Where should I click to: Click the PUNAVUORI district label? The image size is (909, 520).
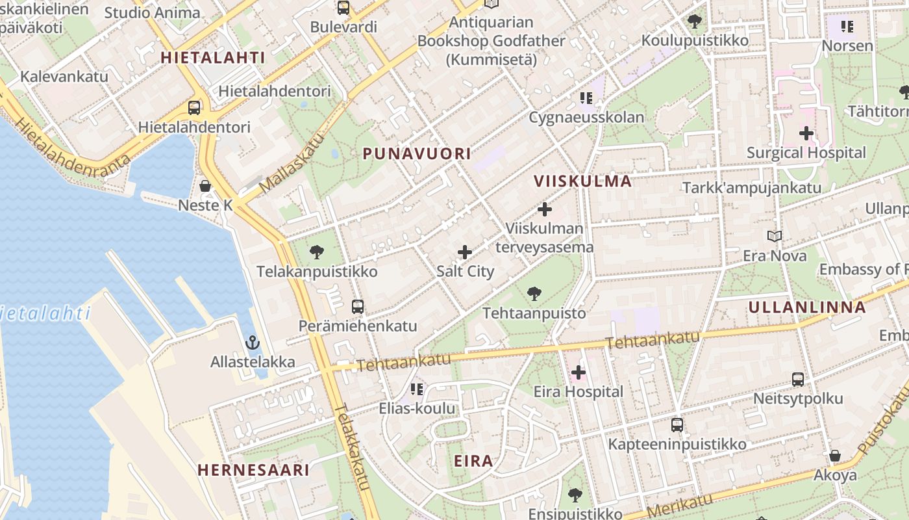417,154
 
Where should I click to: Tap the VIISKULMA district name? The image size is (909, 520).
582,181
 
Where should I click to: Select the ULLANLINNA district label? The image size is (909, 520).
807,307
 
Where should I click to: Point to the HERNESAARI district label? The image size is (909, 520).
253,469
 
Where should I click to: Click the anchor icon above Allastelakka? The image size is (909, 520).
252,343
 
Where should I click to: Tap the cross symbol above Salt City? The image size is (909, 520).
465,252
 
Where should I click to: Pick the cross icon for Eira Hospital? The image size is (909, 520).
578,372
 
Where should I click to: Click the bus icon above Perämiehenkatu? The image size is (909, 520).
357,306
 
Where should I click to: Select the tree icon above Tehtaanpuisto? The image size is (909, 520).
534,294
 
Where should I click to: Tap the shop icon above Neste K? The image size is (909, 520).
205,186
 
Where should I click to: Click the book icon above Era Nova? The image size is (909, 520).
774,236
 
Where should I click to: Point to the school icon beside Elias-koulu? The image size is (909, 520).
416,389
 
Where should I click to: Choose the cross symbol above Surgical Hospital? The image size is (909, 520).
806,133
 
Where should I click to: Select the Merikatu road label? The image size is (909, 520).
680,505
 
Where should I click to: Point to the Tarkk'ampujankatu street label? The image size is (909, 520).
752,188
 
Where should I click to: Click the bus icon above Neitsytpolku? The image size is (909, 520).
797,380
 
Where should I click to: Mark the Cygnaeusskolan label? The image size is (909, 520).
586,118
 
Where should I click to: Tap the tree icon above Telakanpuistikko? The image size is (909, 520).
317,252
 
